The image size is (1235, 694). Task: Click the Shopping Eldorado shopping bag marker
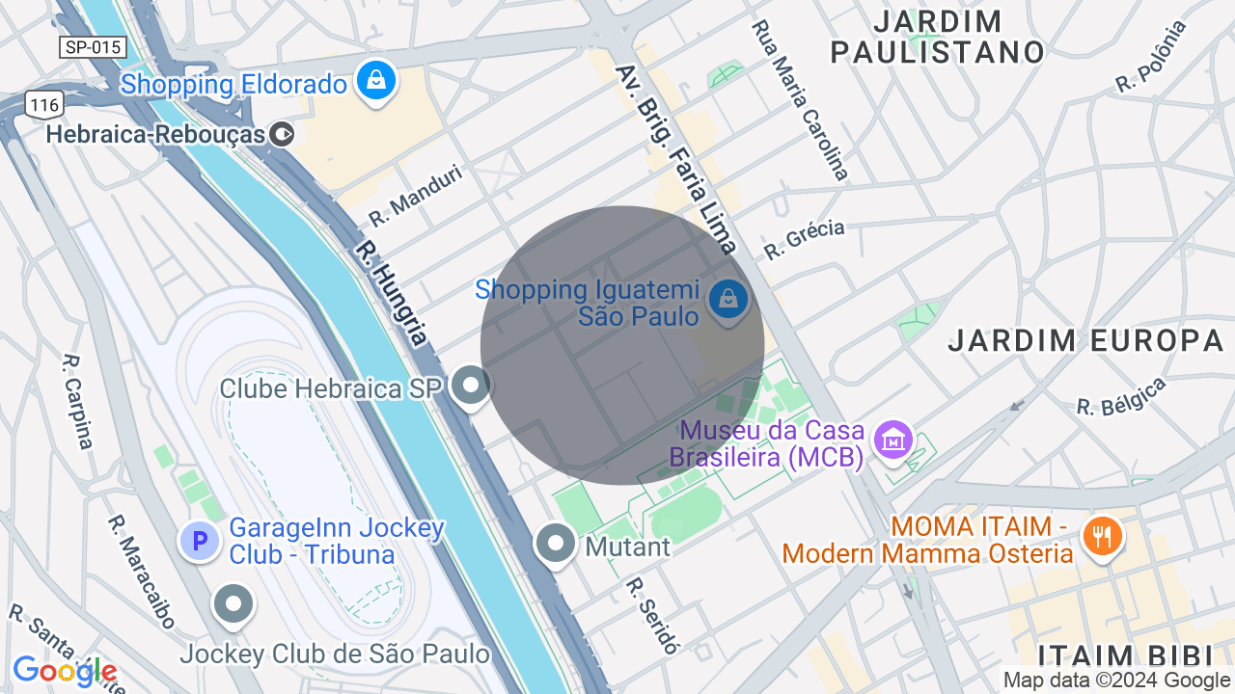tap(377, 81)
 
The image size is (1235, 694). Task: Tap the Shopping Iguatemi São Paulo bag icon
tap(728, 300)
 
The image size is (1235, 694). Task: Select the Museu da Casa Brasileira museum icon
tap(892, 440)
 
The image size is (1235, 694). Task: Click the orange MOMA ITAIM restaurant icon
tap(1101, 536)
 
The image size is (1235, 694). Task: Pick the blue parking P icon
tap(200, 541)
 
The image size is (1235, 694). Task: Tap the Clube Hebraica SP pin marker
tap(471, 386)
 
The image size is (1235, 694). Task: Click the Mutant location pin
tap(556, 544)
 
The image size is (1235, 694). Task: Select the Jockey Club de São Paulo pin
tap(233, 604)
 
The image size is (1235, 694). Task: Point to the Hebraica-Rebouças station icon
tap(282, 134)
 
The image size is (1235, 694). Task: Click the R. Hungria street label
tap(390, 293)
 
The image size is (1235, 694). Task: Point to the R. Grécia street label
tap(804, 239)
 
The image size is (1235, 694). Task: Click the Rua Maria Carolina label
tap(800, 99)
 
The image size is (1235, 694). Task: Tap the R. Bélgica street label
tap(1121, 396)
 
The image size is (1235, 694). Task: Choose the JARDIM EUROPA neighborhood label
tap(1085, 340)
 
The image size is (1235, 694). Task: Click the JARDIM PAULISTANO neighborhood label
tap(938, 37)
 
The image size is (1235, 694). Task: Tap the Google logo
tap(64, 671)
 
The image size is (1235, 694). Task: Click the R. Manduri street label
tap(416, 195)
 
